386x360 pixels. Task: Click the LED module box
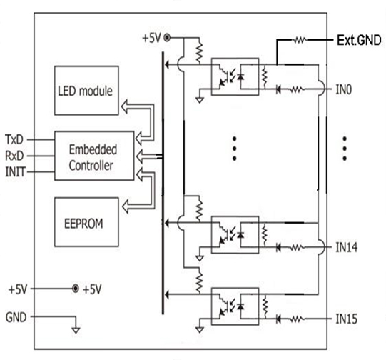point(86,91)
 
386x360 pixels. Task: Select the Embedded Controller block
point(94,156)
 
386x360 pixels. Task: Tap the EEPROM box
point(86,221)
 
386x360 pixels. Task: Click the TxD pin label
point(14,139)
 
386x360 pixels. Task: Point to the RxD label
point(14,156)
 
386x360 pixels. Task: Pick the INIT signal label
point(15,171)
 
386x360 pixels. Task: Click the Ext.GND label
point(359,40)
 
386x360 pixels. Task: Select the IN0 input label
point(344,89)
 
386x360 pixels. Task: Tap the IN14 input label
point(347,247)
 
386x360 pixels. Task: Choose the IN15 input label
point(347,319)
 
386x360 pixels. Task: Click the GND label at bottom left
point(16,317)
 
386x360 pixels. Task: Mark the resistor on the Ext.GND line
point(300,40)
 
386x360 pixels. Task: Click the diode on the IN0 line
point(278,89)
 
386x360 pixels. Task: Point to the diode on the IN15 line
point(278,319)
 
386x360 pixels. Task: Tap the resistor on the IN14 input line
point(297,247)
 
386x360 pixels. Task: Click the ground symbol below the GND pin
point(76,330)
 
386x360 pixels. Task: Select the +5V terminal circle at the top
point(167,38)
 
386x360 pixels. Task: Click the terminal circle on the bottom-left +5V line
point(76,289)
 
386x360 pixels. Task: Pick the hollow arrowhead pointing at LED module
point(125,106)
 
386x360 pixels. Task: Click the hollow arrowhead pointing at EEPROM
point(126,206)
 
